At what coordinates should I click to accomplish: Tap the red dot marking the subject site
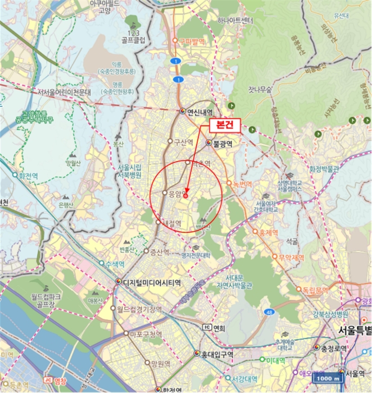click(185, 196)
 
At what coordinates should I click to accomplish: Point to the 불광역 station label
click(223, 143)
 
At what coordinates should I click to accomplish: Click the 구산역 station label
click(183, 142)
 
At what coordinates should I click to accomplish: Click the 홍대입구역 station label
click(218, 354)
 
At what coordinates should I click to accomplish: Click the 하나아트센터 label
click(228, 21)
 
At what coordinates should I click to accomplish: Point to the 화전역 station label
click(28, 175)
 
